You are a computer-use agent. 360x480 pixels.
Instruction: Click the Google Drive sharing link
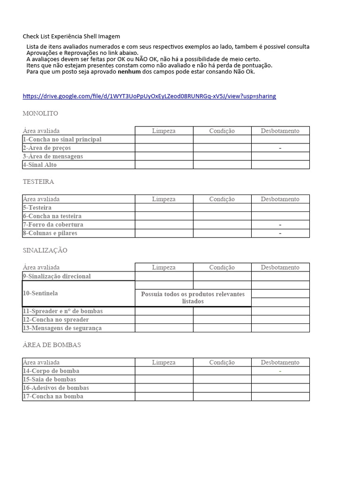149,96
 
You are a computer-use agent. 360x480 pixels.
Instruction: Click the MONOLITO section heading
40,113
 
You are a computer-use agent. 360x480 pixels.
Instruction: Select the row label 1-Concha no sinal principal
62,139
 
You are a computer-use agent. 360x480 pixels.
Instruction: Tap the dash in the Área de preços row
280,148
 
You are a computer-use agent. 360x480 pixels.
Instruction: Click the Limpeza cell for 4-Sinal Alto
164,165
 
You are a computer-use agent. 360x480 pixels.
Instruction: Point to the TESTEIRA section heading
38,181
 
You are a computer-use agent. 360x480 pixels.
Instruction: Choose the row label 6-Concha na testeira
52,216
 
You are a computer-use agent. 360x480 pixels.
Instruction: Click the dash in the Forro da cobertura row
280,225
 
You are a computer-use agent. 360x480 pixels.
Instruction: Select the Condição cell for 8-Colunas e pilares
222,233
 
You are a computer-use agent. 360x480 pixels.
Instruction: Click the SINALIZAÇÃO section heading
45,250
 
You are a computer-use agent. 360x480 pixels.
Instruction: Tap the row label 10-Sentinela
40,293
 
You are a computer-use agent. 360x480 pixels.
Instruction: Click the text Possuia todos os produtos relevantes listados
193,298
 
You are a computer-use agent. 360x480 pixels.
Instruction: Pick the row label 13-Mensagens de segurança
62,328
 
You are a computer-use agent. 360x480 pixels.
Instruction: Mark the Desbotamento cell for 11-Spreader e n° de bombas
280,311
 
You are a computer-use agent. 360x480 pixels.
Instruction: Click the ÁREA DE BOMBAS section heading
52,345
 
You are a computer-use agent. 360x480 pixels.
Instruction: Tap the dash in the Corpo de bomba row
280,371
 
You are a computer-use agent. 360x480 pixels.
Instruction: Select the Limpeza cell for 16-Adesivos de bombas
164,388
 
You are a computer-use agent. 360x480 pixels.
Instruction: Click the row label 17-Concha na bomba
53,396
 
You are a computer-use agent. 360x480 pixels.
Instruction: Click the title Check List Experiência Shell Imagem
71,36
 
